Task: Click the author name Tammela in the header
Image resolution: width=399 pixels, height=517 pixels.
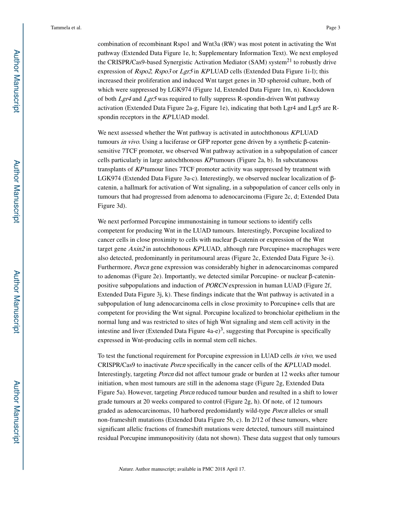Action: point(59,28)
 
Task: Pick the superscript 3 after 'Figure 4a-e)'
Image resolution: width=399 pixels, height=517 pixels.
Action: point(221,329)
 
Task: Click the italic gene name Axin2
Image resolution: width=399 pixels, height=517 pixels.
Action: point(137,249)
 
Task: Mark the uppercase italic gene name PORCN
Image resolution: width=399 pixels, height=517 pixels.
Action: point(216,285)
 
